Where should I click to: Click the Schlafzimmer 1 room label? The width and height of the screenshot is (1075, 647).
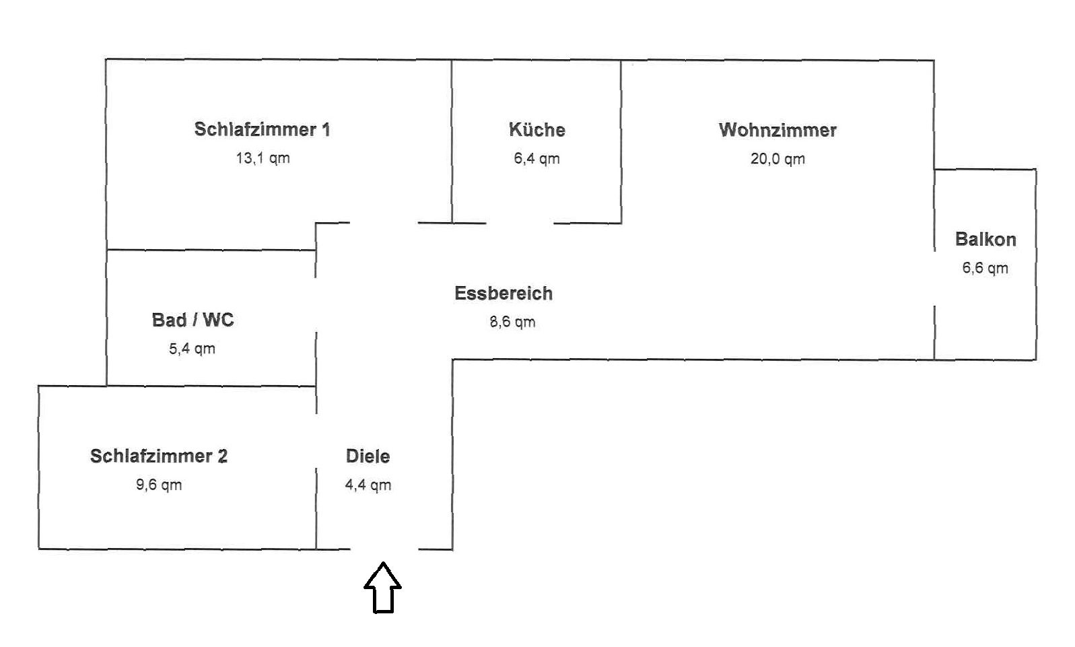click(262, 129)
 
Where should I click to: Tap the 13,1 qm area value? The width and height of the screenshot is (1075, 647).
click(263, 158)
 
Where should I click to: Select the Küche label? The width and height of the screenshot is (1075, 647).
click(536, 130)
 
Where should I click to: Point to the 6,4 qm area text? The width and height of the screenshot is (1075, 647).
click(536, 159)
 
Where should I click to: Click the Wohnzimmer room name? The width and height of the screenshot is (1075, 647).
click(777, 130)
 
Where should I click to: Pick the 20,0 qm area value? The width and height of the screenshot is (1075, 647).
click(777, 159)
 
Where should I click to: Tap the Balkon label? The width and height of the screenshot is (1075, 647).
click(985, 239)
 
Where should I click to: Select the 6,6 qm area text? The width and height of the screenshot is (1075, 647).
click(985, 268)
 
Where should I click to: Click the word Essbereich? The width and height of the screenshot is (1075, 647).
click(504, 294)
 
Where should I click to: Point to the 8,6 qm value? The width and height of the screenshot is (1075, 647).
click(512, 322)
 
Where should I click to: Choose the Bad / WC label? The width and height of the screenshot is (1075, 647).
click(193, 320)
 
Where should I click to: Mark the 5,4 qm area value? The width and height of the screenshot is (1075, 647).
click(192, 349)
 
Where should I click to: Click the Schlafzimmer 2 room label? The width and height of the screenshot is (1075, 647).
click(159, 456)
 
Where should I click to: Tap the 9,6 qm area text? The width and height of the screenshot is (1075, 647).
click(159, 485)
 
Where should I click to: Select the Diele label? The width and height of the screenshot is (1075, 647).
click(368, 456)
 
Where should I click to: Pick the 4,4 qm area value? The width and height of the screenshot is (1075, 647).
click(368, 485)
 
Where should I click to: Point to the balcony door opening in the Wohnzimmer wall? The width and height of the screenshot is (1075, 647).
click(934, 278)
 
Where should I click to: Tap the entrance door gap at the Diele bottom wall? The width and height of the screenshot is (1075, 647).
click(384, 549)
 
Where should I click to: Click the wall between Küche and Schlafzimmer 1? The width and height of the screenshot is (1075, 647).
click(452, 141)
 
